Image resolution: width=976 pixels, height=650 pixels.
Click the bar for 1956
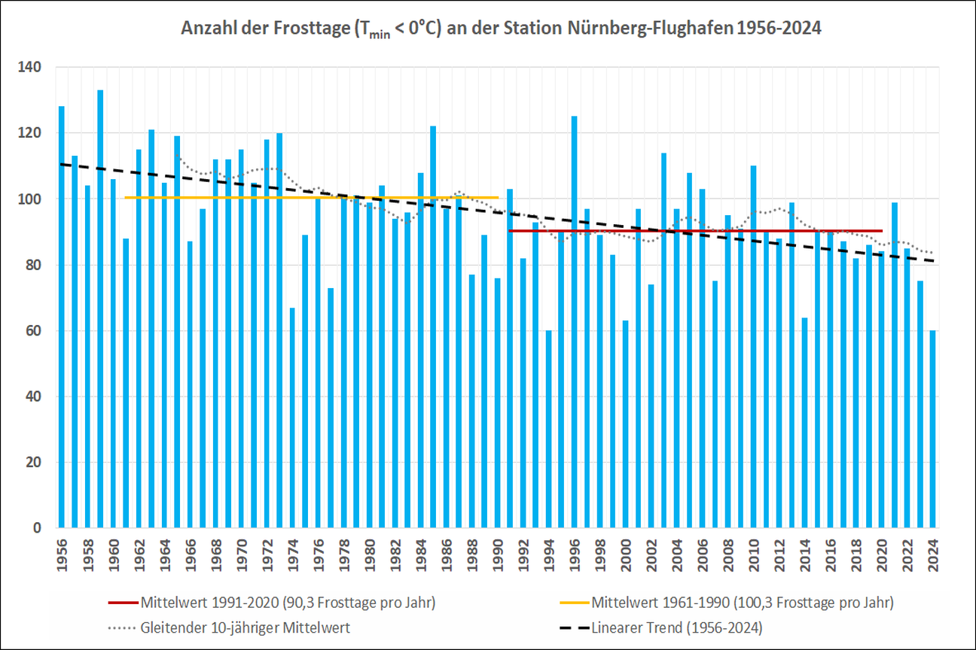click(x=62, y=316)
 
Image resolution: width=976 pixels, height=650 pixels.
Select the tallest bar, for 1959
click(x=100, y=308)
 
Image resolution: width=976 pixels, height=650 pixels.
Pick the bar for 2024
click(x=932, y=429)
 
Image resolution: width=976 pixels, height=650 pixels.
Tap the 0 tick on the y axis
click(x=49, y=528)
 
